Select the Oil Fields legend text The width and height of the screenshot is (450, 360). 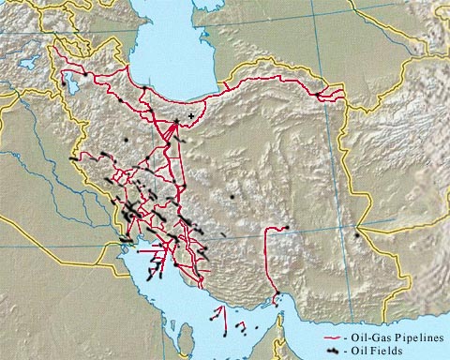tap(380, 350)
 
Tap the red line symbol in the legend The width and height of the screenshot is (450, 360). tap(332, 337)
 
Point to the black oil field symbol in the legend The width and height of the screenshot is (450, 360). tap(332, 351)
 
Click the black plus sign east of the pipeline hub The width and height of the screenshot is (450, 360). tap(192, 115)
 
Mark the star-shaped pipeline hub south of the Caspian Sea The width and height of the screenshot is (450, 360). tap(175, 122)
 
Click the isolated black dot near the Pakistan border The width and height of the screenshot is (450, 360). tap(357, 234)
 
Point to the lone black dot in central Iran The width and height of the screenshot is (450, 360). tap(232, 197)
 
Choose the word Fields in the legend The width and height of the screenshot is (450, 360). tap(396, 350)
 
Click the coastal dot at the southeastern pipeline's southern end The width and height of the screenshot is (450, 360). tap(275, 299)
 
